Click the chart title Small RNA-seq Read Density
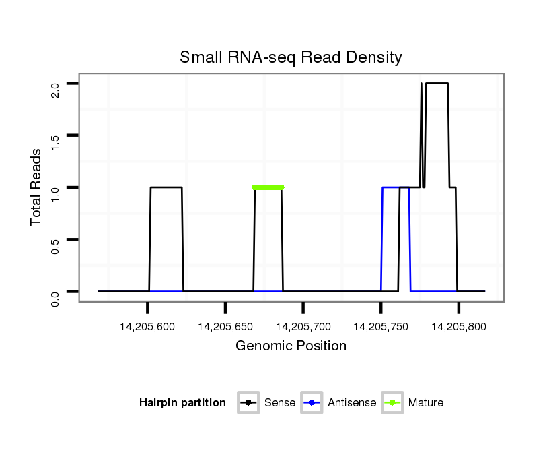(x=291, y=57)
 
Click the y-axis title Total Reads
(x=37, y=187)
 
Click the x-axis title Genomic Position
(x=291, y=346)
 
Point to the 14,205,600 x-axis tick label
(x=147, y=327)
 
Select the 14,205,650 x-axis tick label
(x=225, y=327)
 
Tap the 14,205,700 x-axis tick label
(x=303, y=327)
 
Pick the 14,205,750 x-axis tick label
(x=381, y=327)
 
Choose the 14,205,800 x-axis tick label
(x=459, y=327)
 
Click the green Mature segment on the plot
(x=268, y=187)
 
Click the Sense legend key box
(x=248, y=403)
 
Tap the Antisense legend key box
(x=313, y=403)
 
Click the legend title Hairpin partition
(x=182, y=403)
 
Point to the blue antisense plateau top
(x=391, y=187)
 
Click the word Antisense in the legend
(x=352, y=403)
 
